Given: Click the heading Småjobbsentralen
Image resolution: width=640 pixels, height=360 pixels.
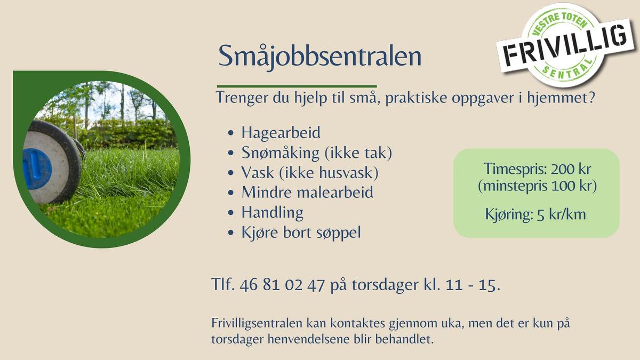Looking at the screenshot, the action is pyautogui.click(x=319, y=57).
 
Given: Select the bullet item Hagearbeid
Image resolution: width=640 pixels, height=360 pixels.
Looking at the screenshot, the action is pyautogui.click(x=281, y=133).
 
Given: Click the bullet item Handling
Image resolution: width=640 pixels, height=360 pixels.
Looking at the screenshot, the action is pyautogui.click(x=273, y=213).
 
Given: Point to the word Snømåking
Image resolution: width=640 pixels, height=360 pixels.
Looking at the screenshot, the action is pyautogui.click(x=281, y=153).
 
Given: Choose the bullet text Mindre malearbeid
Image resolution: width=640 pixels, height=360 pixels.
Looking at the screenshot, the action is pyautogui.click(x=307, y=192).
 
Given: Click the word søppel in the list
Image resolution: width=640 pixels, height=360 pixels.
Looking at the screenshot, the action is pyautogui.click(x=338, y=233).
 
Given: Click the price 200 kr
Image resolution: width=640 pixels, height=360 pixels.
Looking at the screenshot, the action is pyautogui.click(x=571, y=169).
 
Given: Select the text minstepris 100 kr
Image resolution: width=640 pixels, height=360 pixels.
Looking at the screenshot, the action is pyautogui.click(x=538, y=186).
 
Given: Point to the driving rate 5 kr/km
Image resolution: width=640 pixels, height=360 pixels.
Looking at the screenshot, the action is pyautogui.click(x=562, y=214).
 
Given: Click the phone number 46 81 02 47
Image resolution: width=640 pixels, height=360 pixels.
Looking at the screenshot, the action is pyautogui.click(x=282, y=285).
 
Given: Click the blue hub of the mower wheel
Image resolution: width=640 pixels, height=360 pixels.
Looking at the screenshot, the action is pyautogui.click(x=37, y=169).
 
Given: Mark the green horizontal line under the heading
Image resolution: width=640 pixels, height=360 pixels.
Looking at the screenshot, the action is pyautogui.click(x=297, y=86).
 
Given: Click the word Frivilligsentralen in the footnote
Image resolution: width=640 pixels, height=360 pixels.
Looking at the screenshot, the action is pyautogui.click(x=257, y=323).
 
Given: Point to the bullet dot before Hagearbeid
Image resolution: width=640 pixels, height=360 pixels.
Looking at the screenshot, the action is pyautogui.click(x=231, y=133).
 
